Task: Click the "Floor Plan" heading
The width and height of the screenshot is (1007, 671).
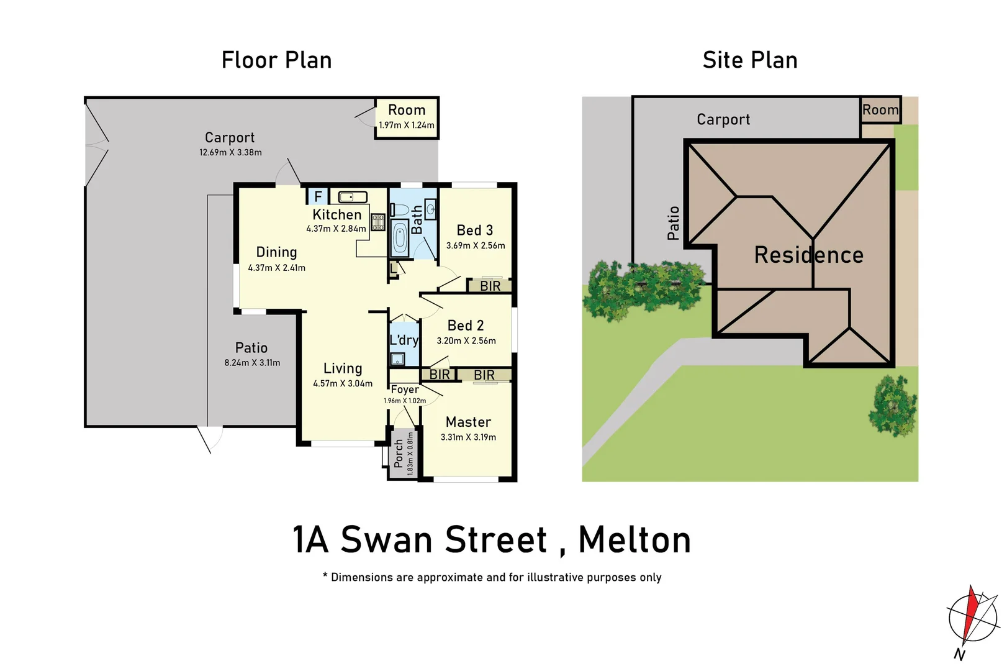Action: [276, 60]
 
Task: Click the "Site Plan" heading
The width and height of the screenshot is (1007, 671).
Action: [749, 60]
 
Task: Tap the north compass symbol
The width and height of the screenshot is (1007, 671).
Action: [972, 619]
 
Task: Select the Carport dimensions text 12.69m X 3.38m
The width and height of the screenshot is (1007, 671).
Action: [230, 152]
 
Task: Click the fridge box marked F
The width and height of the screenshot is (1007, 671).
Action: [318, 196]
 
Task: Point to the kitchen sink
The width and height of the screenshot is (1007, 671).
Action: [353, 197]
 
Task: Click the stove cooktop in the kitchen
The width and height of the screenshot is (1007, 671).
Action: [377, 222]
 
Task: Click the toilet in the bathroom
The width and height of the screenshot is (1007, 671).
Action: [400, 209]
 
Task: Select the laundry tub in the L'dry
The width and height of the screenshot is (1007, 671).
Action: [397, 358]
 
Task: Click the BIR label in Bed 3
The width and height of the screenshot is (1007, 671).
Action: [490, 286]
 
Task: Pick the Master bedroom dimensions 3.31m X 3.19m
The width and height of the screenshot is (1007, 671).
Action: [468, 437]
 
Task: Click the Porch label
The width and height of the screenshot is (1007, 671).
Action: [399, 454]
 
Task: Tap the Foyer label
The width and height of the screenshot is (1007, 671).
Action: [405, 390]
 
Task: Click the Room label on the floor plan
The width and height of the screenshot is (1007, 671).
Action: [407, 110]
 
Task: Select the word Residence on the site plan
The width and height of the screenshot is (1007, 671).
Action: [808, 255]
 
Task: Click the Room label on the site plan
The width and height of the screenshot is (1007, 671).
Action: [880, 110]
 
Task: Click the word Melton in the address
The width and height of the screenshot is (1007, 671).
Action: [634, 539]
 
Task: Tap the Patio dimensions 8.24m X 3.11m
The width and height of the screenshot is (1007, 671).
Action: [252, 363]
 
